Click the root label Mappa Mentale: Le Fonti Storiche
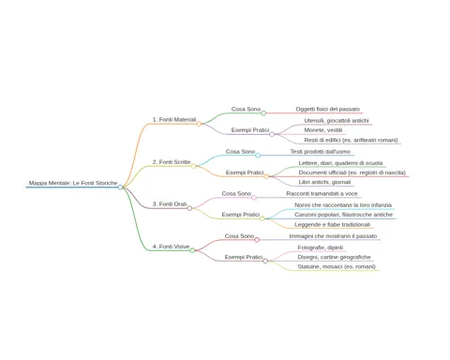[73, 183]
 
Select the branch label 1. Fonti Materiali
[174, 120]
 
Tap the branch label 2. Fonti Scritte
[172, 162]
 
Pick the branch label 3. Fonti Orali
[170, 204]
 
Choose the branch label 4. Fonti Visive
[171, 247]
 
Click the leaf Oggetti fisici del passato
[328, 110]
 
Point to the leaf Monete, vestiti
[323, 130]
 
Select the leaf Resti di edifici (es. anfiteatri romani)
[351, 141]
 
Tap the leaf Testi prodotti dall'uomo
[321, 152]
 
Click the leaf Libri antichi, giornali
[324, 182]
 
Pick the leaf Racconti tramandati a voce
[322, 194]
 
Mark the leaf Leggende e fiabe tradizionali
[332, 225]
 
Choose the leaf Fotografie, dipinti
[321, 247]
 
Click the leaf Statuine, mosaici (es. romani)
[337, 267]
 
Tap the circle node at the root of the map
[120, 187]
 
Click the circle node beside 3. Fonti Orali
[189, 208]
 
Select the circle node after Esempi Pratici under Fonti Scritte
[266, 176]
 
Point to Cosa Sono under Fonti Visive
[239, 236]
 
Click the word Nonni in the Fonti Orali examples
[302, 205]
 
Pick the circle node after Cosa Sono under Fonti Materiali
[263, 113]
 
